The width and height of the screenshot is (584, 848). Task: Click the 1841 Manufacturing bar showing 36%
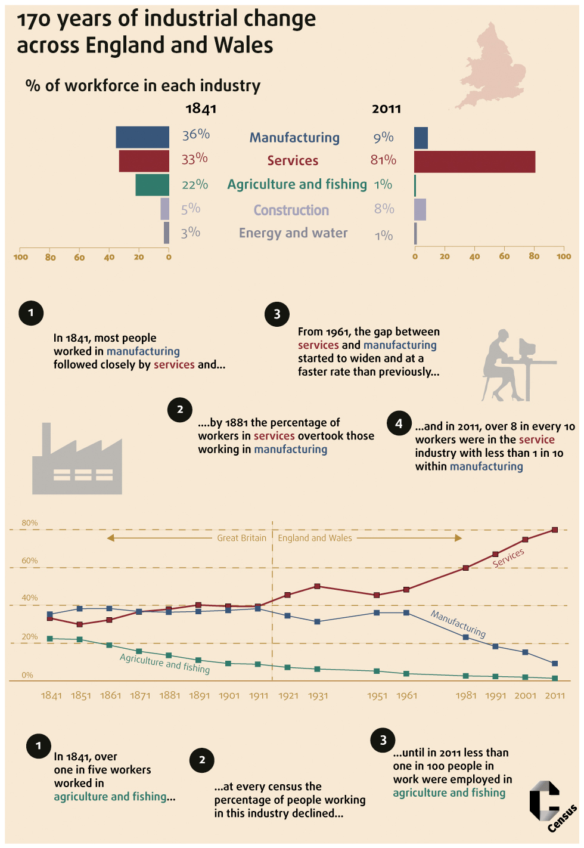pyautogui.click(x=142, y=137)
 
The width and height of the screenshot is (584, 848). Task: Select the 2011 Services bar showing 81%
pyautogui.click(x=474, y=162)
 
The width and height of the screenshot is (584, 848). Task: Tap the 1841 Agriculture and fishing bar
pyautogui.click(x=152, y=185)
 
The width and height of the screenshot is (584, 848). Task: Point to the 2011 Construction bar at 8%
pyautogui.click(x=420, y=209)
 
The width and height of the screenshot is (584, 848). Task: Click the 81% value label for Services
pyautogui.click(x=383, y=160)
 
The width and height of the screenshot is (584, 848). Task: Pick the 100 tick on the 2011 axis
pyautogui.click(x=564, y=256)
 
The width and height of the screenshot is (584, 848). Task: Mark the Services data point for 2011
pyautogui.click(x=555, y=530)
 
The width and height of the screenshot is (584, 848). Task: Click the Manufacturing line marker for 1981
pyautogui.click(x=466, y=637)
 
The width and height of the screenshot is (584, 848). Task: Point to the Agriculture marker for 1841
pyautogui.click(x=50, y=639)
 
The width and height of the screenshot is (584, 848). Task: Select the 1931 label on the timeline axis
pyautogui.click(x=318, y=696)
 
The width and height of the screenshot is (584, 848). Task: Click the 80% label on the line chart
pyautogui.click(x=30, y=523)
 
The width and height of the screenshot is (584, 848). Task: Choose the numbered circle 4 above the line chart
pyautogui.click(x=399, y=423)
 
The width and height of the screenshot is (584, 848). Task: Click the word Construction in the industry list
pyautogui.click(x=291, y=210)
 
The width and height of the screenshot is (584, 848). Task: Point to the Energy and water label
pyautogui.click(x=293, y=233)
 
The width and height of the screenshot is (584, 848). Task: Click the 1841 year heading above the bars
pyautogui.click(x=201, y=109)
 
